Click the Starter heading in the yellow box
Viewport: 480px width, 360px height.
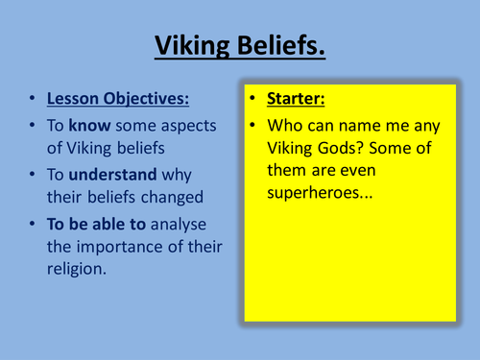(297, 100)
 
